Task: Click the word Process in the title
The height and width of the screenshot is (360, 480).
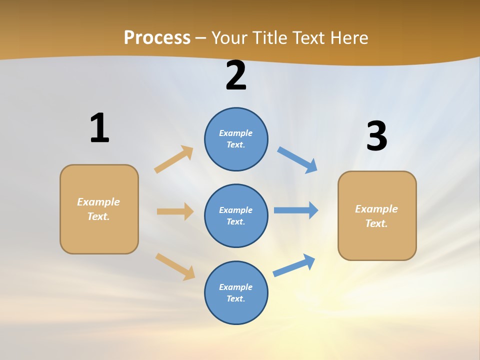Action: (x=157, y=37)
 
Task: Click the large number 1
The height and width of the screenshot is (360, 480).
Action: (x=99, y=128)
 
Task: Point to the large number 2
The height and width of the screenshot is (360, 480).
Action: (x=236, y=75)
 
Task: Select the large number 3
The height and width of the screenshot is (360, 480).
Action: (x=376, y=136)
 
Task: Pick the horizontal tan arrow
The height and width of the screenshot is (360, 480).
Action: (x=175, y=211)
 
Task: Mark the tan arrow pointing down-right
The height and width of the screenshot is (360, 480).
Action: (x=175, y=266)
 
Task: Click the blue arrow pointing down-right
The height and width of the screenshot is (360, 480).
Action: (x=297, y=160)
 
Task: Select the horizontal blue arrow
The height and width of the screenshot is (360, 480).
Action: (x=296, y=210)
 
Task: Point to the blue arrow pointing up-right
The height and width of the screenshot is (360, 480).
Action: (x=294, y=265)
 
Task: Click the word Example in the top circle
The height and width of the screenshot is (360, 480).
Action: (x=235, y=133)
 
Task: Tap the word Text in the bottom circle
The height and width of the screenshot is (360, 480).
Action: (x=235, y=298)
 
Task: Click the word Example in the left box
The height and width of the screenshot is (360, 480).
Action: (x=98, y=202)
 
